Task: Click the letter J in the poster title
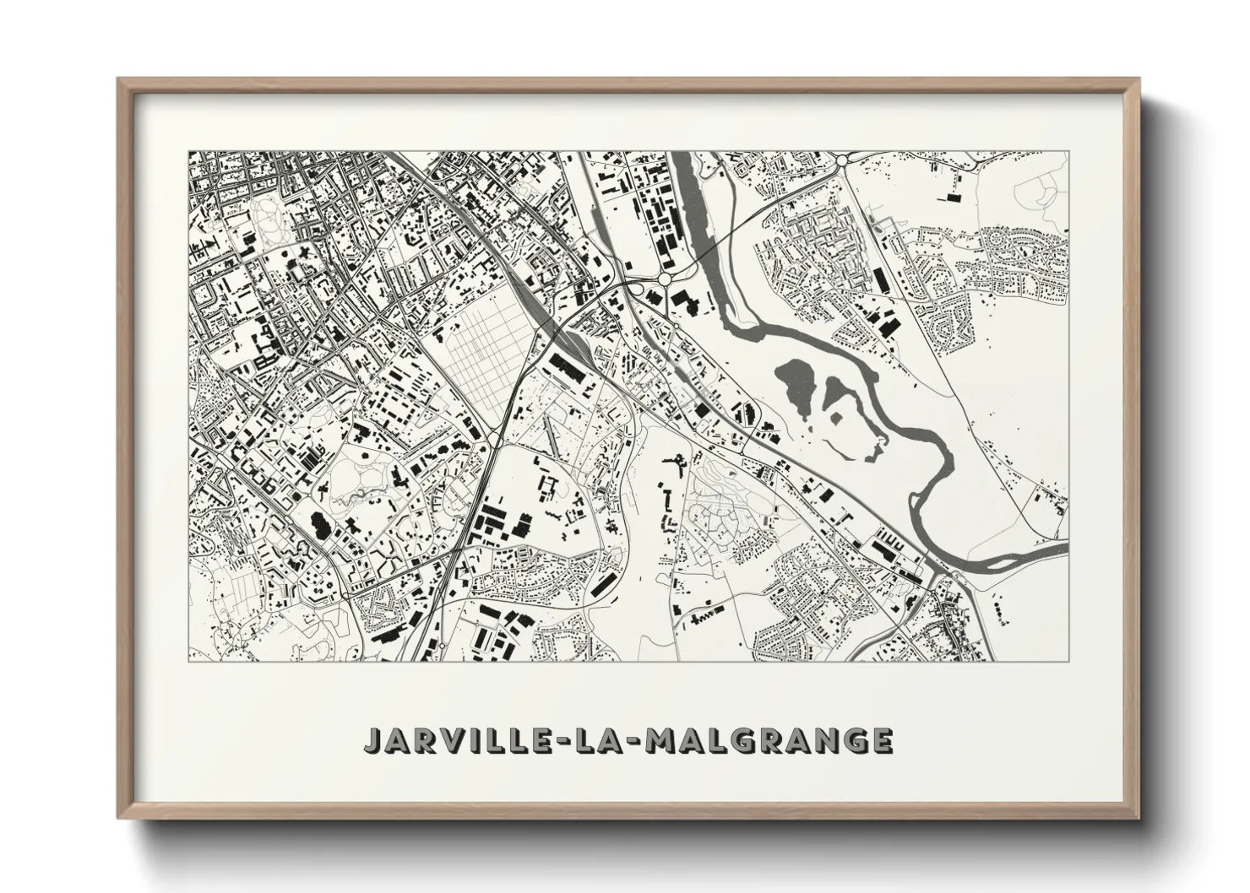coord(374,739)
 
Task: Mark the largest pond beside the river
coord(796,379)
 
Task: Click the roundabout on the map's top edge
coord(841,159)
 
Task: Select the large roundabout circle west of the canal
coord(665,279)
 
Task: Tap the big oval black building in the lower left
coord(321,524)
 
